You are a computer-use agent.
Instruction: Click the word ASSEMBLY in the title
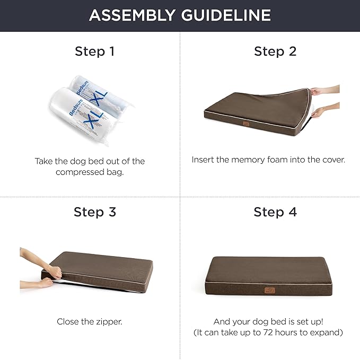(x=133, y=15)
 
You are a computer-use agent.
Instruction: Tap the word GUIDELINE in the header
(x=226, y=15)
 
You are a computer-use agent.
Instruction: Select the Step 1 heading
(x=94, y=51)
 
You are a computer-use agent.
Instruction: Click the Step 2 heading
(x=275, y=51)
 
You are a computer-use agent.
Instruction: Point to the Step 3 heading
(x=95, y=212)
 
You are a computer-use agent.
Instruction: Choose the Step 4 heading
(x=275, y=212)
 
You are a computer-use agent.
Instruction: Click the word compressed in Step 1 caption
(x=80, y=172)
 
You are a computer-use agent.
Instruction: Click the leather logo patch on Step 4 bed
(x=269, y=291)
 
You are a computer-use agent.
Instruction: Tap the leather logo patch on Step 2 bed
(x=246, y=124)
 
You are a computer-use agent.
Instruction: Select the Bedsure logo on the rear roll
(x=82, y=87)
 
